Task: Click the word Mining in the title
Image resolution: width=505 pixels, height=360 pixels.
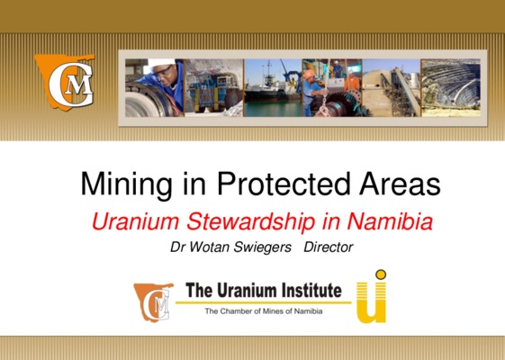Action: (x=127, y=184)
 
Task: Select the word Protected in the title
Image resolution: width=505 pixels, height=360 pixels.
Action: (x=284, y=184)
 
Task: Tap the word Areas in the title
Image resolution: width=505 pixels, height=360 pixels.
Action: (x=400, y=184)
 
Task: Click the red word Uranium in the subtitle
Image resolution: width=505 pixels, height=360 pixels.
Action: (x=135, y=221)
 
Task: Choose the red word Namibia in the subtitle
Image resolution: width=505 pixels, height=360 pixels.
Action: (x=390, y=221)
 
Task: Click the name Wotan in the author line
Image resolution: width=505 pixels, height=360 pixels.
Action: (x=209, y=247)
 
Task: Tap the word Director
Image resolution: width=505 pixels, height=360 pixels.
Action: (x=329, y=247)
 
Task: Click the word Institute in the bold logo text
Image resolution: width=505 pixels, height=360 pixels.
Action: (x=311, y=290)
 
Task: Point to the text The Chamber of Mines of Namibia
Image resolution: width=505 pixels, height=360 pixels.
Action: (x=264, y=311)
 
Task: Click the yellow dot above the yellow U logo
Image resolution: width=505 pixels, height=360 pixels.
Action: (x=381, y=274)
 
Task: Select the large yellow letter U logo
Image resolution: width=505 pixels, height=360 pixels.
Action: (x=371, y=302)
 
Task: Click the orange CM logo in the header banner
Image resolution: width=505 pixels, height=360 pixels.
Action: (x=66, y=83)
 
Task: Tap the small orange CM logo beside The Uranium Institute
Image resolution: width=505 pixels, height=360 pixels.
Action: (x=154, y=302)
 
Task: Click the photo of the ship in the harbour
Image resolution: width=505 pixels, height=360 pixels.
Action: (x=273, y=87)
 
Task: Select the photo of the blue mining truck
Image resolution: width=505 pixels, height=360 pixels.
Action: (x=214, y=87)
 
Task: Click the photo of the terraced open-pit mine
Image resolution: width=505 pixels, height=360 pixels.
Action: (x=451, y=87)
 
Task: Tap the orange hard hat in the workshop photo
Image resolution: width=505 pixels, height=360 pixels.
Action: (x=309, y=75)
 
